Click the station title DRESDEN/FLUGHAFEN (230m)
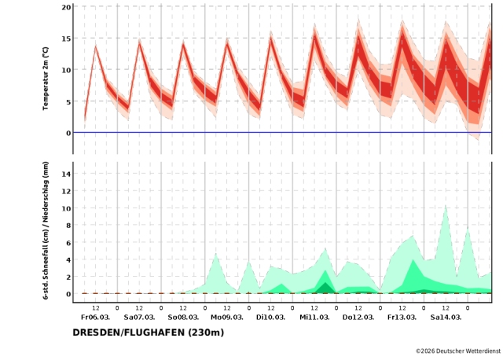(149, 332)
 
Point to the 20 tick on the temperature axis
(67, 7)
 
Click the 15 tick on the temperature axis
(67, 39)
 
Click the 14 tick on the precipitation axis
(67, 174)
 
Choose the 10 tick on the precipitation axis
(67, 209)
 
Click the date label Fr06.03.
(95, 318)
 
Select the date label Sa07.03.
(139, 318)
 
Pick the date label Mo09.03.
(226, 318)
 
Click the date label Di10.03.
(270, 318)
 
